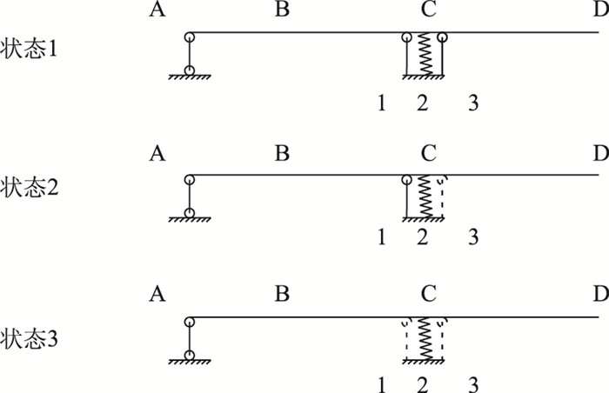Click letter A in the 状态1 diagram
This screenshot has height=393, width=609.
point(157,10)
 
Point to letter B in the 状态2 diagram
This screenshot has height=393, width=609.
point(282,155)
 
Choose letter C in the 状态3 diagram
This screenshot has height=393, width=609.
point(427,294)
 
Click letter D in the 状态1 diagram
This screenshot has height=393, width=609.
point(599,10)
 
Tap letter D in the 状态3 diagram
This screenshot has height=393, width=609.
point(599,294)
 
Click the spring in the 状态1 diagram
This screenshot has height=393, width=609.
point(425,57)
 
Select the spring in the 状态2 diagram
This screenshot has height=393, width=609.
point(425,197)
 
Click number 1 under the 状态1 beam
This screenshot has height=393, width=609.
point(381,104)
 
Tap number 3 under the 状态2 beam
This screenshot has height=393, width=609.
point(472,236)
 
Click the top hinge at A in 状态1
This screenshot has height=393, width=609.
point(189,37)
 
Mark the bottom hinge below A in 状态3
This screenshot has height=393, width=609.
point(189,354)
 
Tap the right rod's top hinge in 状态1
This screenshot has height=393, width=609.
point(443,37)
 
